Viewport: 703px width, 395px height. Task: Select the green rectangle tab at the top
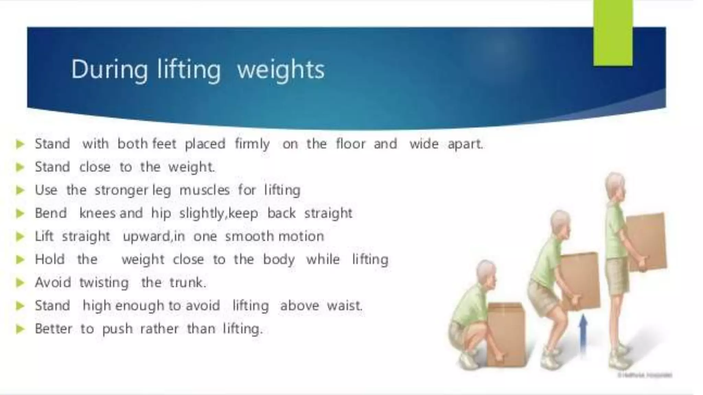(x=613, y=33)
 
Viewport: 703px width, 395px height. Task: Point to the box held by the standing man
(x=646, y=242)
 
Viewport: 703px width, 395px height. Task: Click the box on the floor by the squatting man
(x=507, y=334)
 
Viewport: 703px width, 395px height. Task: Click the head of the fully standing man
(x=615, y=187)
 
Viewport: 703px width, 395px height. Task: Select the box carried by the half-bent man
(x=580, y=279)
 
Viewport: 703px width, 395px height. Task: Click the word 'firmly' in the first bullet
(x=252, y=144)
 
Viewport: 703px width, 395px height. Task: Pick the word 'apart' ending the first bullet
(x=465, y=144)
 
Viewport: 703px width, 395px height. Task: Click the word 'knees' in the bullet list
(x=97, y=213)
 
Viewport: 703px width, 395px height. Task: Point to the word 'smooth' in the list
(x=250, y=236)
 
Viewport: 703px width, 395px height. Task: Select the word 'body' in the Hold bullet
(x=279, y=260)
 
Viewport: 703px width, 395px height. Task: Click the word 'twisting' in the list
(x=104, y=283)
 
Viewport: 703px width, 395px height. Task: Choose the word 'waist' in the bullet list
(x=344, y=306)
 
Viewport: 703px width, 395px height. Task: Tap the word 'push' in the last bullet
(x=117, y=329)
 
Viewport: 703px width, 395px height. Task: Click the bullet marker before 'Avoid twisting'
(x=20, y=283)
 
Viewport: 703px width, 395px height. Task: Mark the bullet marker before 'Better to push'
(x=20, y=329)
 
